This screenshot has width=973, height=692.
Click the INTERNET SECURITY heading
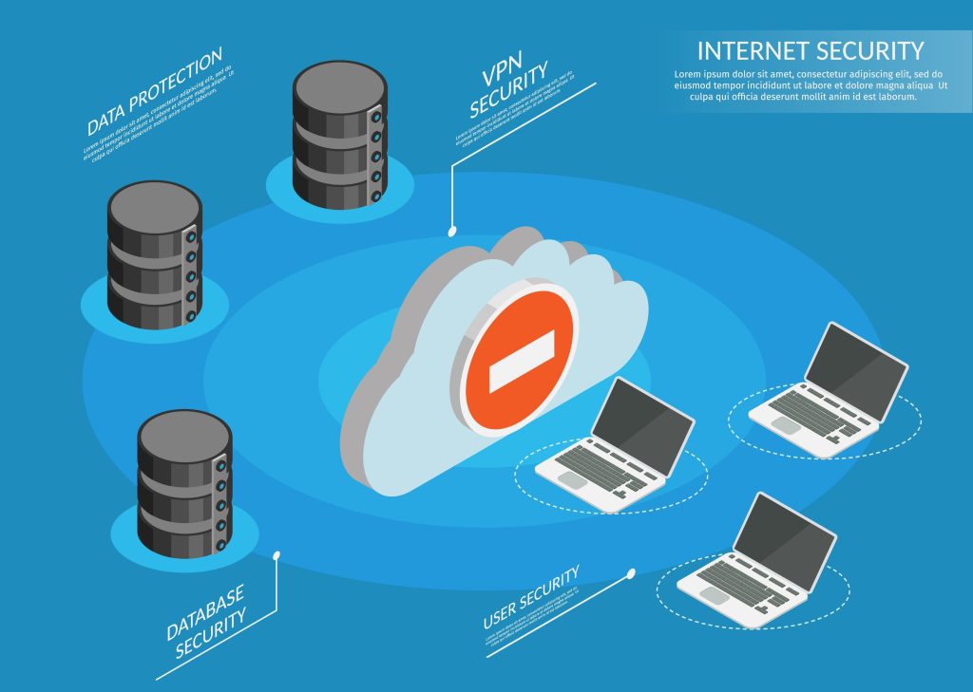click(810, 50)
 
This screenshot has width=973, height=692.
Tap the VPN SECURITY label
click(508, 91)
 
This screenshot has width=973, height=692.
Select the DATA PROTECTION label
click(154, 90)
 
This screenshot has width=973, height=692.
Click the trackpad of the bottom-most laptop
click(711, 594)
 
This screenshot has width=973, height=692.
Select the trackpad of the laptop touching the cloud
click(570, 480)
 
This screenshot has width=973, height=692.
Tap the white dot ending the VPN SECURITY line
click(451, 230)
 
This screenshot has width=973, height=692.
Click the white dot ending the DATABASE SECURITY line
click(277, 554)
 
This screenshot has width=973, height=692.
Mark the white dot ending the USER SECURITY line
click(632, 573)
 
